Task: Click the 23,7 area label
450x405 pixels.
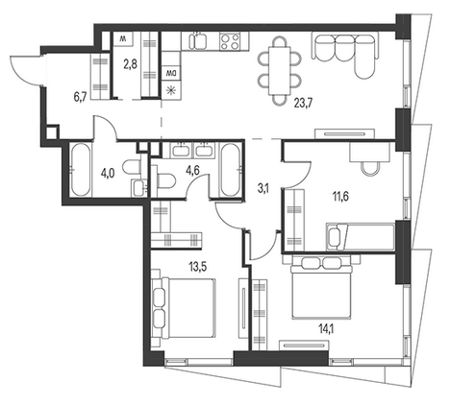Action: (x=303, y=104)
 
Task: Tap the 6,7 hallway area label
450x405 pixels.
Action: (x=80, y=98)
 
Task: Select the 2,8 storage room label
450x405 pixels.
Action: (x=131, y=64)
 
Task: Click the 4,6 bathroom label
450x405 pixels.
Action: (x=192, y=170)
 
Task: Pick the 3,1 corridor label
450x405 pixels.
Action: (x=263, y=189)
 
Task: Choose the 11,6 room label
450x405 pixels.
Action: (x=340, y=196)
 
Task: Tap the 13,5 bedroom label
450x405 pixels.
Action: (x=198, y=267)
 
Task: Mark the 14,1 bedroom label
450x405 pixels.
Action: (x=325, y=329)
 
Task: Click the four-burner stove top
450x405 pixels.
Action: (x=230, y=41)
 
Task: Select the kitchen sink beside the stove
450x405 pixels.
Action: (x=198, y=41)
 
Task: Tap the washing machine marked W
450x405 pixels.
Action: (x=122, y=39)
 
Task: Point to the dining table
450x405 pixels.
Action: (x=280, y=71)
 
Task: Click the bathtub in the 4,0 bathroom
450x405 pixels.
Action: (x=80, y=170)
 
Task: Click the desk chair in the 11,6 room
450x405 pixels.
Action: (x=369, y=168)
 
